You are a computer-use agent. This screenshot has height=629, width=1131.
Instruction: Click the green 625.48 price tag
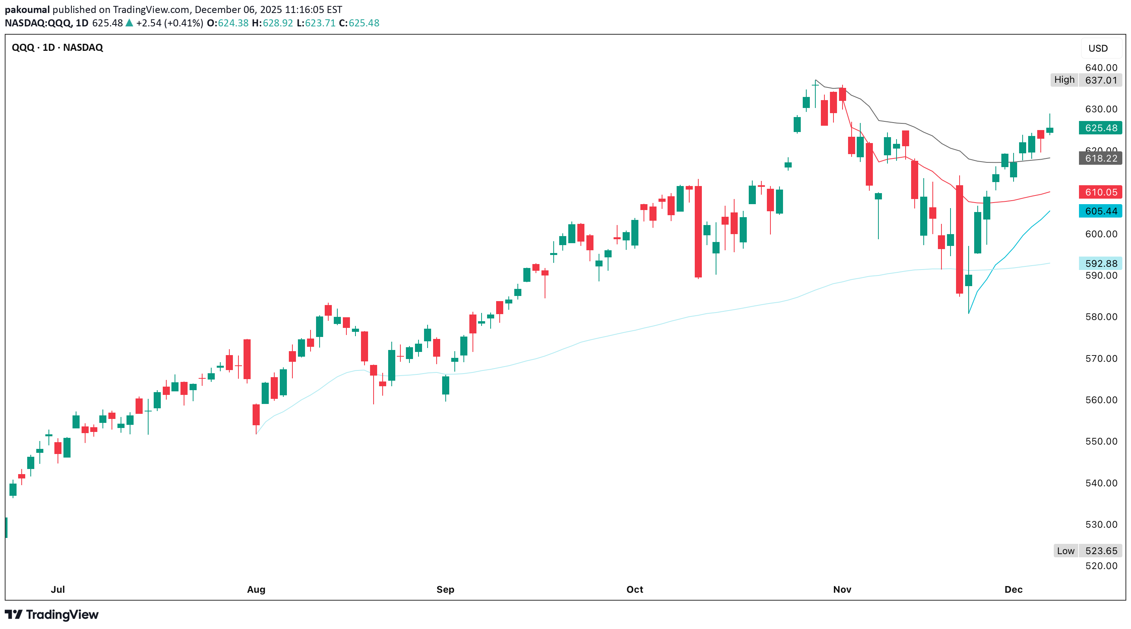[1100, 128]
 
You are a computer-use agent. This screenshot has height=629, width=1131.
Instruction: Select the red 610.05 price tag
[1100, 192]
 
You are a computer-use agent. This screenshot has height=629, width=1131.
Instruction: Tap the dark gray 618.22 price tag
[1100, 158]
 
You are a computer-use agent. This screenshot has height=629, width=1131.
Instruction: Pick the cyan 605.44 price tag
[1100, 211]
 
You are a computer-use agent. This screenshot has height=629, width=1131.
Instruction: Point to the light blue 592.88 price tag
[1100, 263]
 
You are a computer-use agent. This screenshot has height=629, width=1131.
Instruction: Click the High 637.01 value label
[1100, 80]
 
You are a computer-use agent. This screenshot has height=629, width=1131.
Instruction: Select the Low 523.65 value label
[1100, 551]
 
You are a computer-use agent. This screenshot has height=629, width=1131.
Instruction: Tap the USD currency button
[1098, 48]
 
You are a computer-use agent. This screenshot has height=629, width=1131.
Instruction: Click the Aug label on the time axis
[256, 590]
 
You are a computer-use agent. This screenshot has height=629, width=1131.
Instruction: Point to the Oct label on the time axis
[634, 590]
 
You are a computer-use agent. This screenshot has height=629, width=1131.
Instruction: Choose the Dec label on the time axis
[1013, 590]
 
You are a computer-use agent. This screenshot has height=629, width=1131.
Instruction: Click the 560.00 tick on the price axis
[1101, 400]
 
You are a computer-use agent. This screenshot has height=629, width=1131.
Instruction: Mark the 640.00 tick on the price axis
[1101, 68]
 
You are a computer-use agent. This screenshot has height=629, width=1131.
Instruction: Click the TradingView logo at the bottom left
[52, 614]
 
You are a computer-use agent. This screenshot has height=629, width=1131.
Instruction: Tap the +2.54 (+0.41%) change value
[169, 23]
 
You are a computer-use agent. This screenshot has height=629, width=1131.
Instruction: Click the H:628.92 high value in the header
[272, 23]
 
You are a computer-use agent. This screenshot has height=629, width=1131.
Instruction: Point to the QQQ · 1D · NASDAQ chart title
[58, 47]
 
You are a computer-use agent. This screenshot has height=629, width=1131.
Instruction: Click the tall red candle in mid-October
[698, 232]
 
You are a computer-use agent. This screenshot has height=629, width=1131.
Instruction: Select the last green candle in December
[1050, 130]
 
